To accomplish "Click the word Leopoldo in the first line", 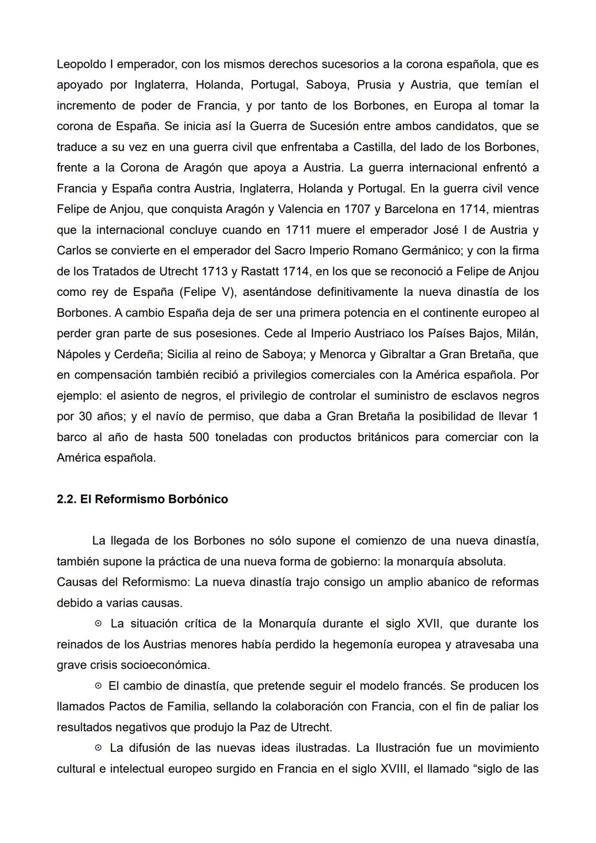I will coord(81,64).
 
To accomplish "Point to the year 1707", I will coord(358,209).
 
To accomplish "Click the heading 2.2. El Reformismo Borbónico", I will coord(142,499).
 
